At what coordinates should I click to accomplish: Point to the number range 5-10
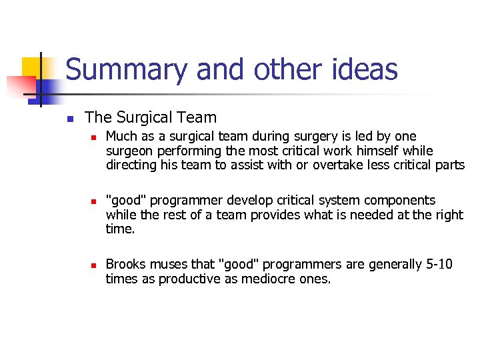[x=439, y=265]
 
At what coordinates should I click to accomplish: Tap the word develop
[x=224, y=200]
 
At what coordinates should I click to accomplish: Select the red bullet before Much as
[x=94, y=137]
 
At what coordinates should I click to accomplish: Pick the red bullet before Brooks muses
[x=94, y=265]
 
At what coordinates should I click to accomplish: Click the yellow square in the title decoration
[x=31, y=67]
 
